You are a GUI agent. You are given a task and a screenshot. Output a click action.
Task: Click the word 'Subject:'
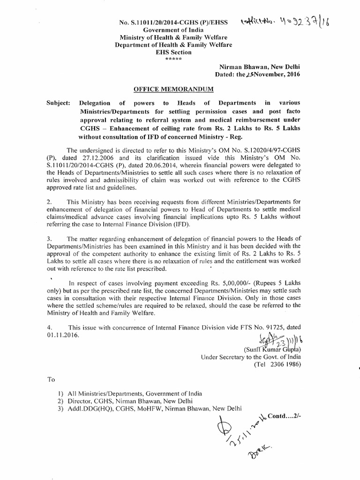coord(59,103)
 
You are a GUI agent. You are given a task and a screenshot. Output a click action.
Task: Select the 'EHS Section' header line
coord(171,52)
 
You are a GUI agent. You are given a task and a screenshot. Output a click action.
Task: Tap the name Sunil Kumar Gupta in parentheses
coord(268,349)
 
